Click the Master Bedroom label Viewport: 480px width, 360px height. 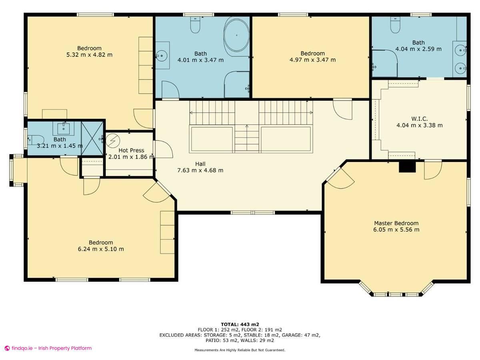(x=396, y=223)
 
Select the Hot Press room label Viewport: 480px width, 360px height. (x=131, y=150)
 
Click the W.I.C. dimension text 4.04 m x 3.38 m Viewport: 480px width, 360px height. (x=419, y=125)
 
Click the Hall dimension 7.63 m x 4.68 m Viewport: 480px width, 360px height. (x=200, y=170)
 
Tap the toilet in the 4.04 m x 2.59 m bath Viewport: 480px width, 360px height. (x=395, y=26)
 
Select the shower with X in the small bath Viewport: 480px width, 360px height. (x=92, y=138)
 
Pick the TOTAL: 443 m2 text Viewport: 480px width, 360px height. (x=240, y=324)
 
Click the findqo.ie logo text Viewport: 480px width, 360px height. (x=48, y=348)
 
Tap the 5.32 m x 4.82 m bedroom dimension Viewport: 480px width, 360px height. (x=89, y=55)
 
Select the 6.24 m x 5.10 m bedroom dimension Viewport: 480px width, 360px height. (x=101, y=249)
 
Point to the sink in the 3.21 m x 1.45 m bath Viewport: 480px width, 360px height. (x=63, y=128)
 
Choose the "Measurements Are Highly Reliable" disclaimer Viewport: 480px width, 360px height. (x=240, y=350)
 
